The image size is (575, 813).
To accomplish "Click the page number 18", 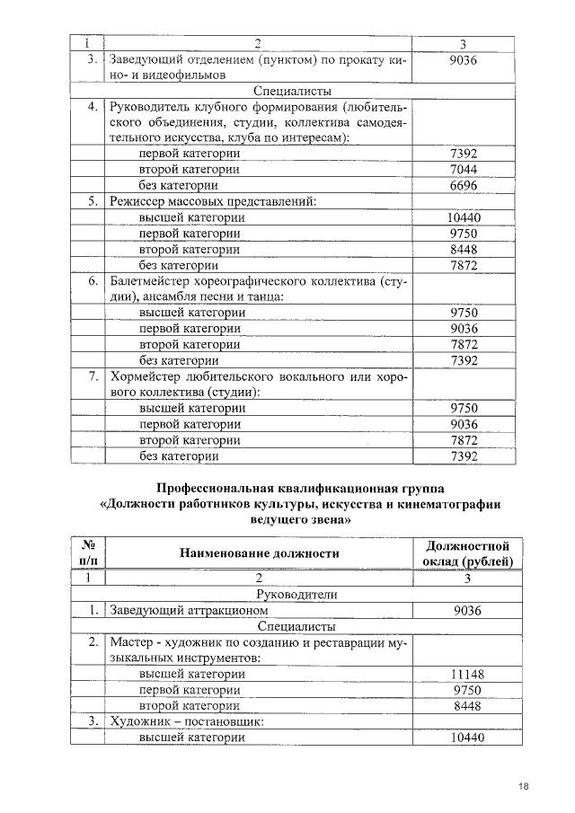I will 523,787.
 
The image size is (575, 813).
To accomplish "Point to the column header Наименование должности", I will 259,553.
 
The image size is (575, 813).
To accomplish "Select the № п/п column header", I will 88,553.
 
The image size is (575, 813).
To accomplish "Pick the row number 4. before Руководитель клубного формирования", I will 93,107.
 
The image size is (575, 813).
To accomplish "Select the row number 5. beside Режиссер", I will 93,202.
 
